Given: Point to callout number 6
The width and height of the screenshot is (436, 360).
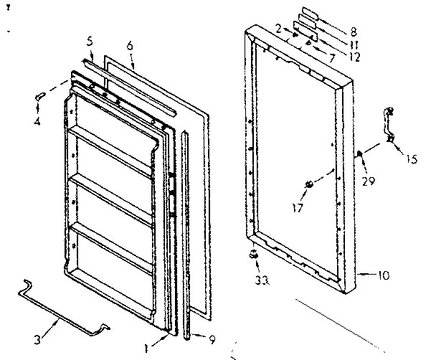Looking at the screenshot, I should [x=130, y=44].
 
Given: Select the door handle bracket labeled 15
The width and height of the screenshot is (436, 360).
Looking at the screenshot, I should [x=391, y=126].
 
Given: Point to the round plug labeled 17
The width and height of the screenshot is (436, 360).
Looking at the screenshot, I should [x=309, y=185].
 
